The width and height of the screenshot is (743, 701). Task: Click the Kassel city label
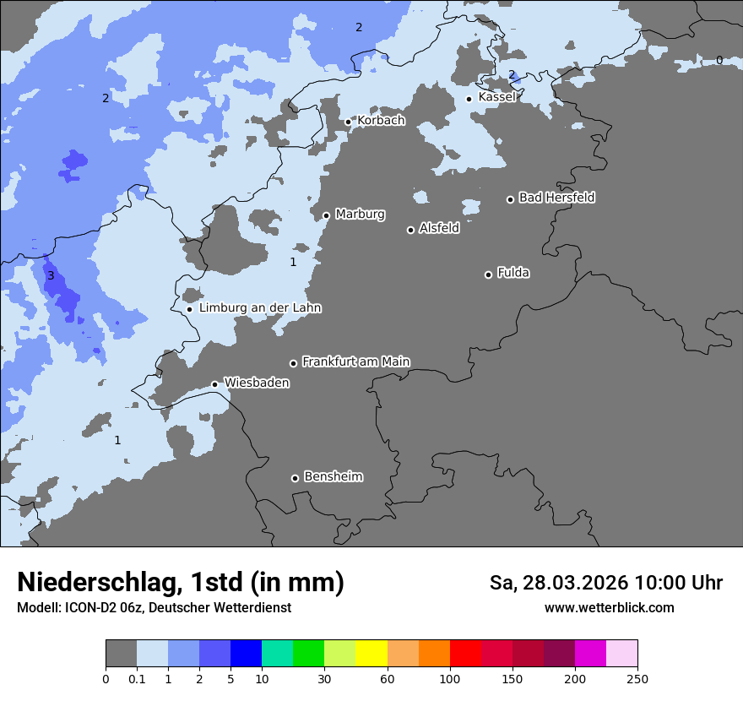(x=496, y=97)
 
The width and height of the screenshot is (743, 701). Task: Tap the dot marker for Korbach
(x=348, y=122)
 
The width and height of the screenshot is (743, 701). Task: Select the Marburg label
(x=360, y=215)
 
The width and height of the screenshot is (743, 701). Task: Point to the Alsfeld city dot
(x=410, y=230)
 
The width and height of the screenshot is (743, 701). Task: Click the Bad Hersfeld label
(x=556, y=198)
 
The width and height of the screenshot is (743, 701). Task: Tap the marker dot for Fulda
(x=488, y=274)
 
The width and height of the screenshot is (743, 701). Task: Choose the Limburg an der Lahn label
(x=260, y=308)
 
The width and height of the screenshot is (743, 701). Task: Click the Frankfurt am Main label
(x=355, y=361)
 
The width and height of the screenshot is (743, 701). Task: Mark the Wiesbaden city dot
(x=214, y=384)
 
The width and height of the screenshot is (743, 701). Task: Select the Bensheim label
(x=333, y=477)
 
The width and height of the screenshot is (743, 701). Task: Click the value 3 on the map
(x=51, y=276)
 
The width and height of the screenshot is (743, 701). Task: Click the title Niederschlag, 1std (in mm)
(x=181, y=582)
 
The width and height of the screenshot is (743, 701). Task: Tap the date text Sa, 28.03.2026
(x=558, y=583)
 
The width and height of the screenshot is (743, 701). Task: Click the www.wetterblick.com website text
(x=609, y=607)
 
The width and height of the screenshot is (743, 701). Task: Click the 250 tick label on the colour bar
(x=637, y=678)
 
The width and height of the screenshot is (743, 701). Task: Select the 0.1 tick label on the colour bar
(x=137, y=678)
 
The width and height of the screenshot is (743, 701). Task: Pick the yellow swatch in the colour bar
(x=371, y=654)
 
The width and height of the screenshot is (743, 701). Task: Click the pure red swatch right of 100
(x=465, y=654)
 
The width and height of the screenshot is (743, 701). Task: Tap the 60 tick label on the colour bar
(x=388, y=678)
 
